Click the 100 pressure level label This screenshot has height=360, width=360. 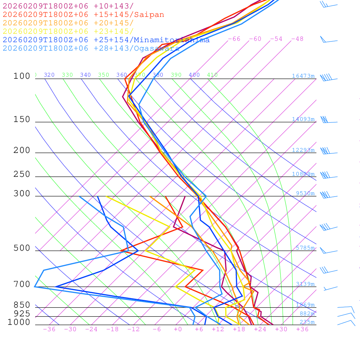(22, 76)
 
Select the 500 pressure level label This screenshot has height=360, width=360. (22, 248)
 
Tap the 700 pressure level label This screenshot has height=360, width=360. (22, 284)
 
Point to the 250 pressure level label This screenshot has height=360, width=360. (22, 174)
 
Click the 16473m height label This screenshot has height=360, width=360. (303, 76)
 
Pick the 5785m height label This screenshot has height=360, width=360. (305, 248)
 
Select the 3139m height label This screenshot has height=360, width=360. (305, 284)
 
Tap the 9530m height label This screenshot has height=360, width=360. (305, 193)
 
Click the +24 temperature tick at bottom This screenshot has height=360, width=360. (260, 329)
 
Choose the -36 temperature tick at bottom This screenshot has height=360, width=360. (49, 329)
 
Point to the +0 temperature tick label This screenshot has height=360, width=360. (178, 329)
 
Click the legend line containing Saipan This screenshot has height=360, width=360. (83, 15)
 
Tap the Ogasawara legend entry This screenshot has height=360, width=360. (91, 49)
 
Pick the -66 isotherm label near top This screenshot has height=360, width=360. (234, 39)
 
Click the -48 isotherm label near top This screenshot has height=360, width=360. (297, 39)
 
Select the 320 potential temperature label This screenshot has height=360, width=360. (49, 75)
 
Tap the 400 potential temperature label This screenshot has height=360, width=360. (194, 75)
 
